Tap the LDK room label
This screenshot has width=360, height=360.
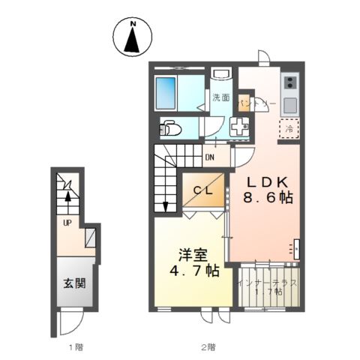click(x=266, y=181)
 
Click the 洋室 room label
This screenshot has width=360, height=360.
click(x=193, y=254)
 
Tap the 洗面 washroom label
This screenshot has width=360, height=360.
click(x=220, y=97)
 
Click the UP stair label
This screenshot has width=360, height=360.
click(x=67, y=223)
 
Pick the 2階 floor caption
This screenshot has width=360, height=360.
click(x=207, y=346)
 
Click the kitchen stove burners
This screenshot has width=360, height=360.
click(x=291, y=82)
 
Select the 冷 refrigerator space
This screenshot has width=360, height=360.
click(x=290, y=128)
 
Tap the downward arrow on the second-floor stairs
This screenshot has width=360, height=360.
click(x=163, y=204)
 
